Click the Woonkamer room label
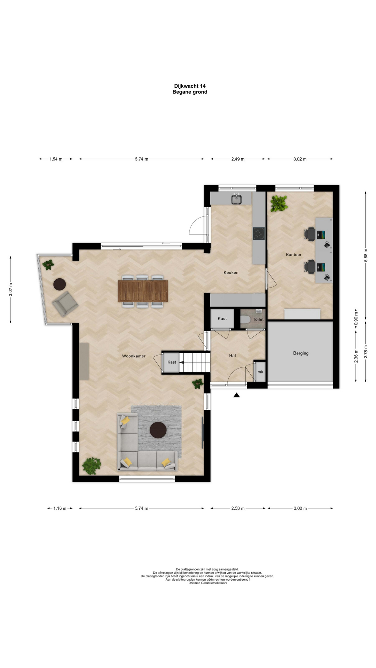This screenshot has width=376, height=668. pyautogui.click(x=134, y=356)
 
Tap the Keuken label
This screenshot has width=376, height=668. pyautogui.click(x=231, y=272)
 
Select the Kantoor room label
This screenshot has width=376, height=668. pyautogui.click(x=293, y=255)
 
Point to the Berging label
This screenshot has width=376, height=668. pyautogui.click(x=301, y=353)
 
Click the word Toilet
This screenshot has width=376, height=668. pyautogui.click(x=258, y=319)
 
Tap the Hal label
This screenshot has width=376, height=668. pyautogui.click(x=232, y=356)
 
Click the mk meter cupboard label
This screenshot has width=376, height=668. pyautogui.click(x=260, y=372)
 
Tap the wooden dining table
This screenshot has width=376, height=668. pyautogui.click(x=143, y=291)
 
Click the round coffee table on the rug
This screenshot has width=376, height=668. pyautogui.click(x=158, y=430)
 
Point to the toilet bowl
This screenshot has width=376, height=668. pyautogui.click(x=246, y=319)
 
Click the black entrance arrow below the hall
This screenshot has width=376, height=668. pyautogui.click(x=237, y=395)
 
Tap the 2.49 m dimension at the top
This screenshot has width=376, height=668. pyautogui.click(x=238, y=159)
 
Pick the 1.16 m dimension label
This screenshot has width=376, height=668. pyautogui.click(x=60, y=508)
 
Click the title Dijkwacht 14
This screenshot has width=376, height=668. pyautogui.click(x=190, y=86)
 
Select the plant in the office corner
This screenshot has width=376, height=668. pyautogui.click(x=279, y=203)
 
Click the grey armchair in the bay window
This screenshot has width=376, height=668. pyautogui.click(x=65, y=304)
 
